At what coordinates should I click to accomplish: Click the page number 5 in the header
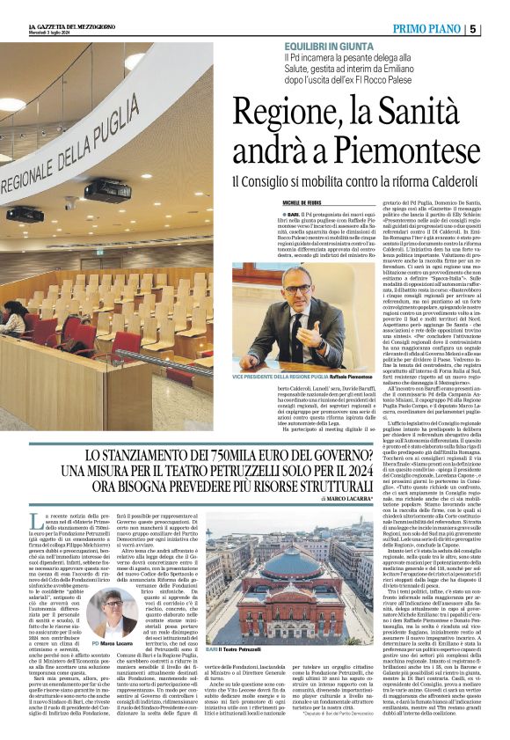click(x=499, y=28)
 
